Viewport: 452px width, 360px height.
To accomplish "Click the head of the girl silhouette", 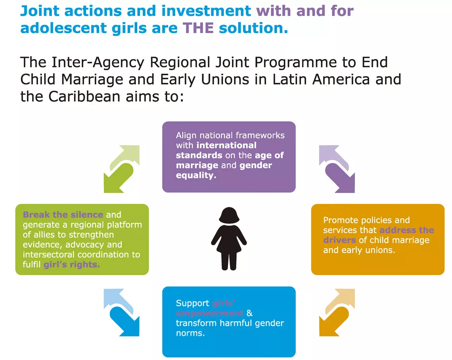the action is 229,215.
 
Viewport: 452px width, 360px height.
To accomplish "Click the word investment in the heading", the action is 206,11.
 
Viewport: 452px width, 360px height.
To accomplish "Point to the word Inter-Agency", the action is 98,63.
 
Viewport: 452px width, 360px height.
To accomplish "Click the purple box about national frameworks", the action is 229,157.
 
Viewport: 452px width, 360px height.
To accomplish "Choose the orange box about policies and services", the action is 377,239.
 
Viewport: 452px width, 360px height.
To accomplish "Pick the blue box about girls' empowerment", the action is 229,322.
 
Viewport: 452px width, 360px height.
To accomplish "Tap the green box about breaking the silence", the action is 82,239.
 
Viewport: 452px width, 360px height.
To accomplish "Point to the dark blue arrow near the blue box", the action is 124,322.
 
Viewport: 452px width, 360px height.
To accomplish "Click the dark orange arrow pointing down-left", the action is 334,322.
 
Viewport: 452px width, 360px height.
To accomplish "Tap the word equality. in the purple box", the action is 196,175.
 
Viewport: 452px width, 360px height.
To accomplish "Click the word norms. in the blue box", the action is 190,333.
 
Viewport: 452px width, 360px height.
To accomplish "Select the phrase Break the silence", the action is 63,215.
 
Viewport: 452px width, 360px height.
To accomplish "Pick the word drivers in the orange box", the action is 339,240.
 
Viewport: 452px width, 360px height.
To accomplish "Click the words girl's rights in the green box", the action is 72,264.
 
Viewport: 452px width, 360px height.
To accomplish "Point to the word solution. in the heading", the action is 253,28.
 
